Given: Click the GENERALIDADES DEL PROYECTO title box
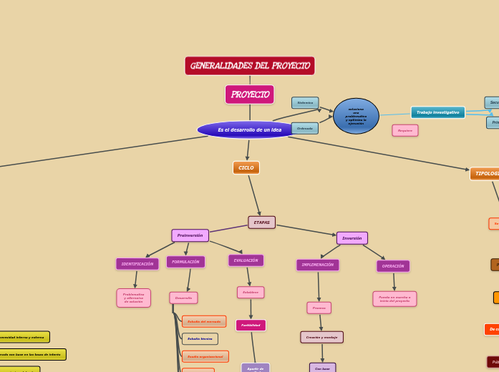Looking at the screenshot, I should [x=249, y=66].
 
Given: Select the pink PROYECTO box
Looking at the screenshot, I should [x=249, y=94].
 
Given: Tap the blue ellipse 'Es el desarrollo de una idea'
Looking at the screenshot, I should [x=249, y=129].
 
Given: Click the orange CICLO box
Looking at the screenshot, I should [x=246, y=167].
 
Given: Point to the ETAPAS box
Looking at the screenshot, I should [x=261, y=222].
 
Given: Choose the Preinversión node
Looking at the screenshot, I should [x=190, y=235].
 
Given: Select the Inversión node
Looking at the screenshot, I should [x=352, y=238].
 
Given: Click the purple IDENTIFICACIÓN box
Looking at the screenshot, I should [x=137, y=264].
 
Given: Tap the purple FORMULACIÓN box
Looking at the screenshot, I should [x=185, y=262].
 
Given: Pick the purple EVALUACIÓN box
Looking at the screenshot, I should [x=246, y=260].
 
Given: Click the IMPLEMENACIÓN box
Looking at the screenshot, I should [x=317, y=265].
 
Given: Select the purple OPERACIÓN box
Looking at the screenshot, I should [x=393, y=266].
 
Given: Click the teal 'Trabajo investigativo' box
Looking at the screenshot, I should [x=437, y=112].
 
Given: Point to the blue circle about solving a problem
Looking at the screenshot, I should [x=356, y=116].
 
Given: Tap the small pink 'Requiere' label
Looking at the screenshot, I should [x=404, y=130].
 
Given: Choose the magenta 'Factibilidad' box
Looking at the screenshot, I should [x=251, y=325].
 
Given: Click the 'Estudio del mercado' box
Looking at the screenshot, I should [x=204, y=321].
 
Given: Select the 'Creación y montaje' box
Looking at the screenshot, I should [x=321, y=337].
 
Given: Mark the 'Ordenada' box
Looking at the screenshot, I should [x=305, y=128].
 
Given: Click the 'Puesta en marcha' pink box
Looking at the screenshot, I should [x=394, y=298].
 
